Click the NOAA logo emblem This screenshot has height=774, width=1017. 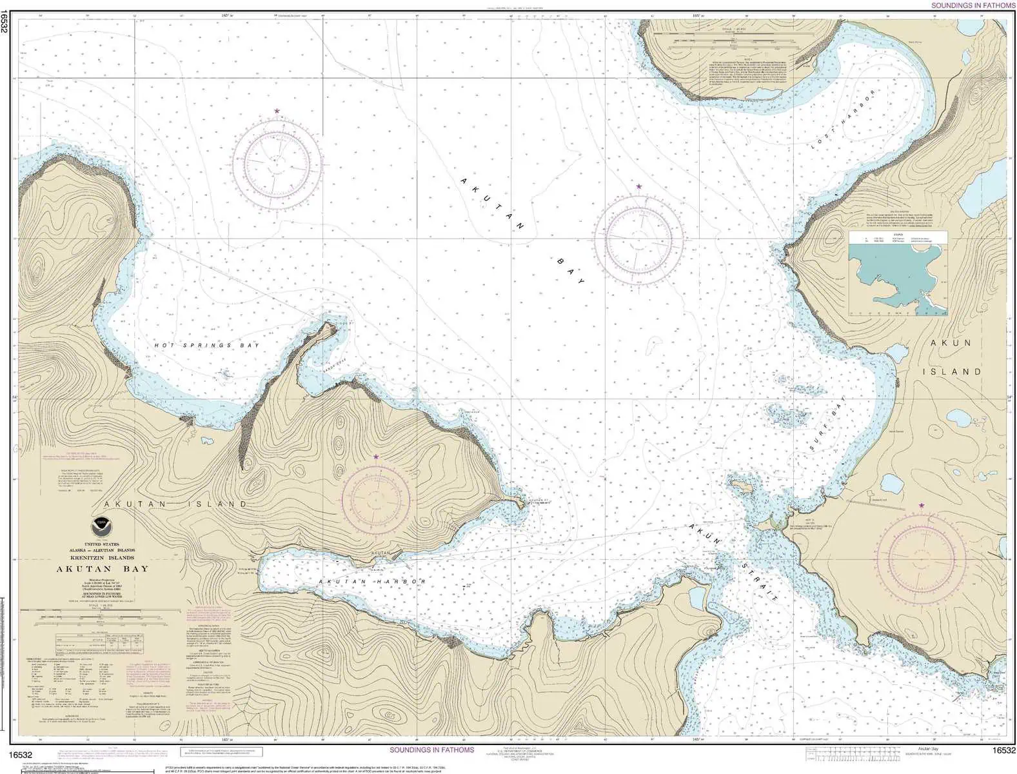(100, 525)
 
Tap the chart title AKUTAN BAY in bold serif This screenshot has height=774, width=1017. (103, 569)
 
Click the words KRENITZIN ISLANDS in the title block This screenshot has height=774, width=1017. (102, 557)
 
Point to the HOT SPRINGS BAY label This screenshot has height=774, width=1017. (206, 346)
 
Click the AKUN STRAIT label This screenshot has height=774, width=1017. (733, 562)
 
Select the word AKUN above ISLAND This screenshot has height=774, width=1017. (951, 343)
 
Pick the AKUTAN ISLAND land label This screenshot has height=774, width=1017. (175, 504)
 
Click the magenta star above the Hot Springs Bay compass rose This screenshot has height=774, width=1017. (277, 112)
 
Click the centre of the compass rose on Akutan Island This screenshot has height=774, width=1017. (376, 499)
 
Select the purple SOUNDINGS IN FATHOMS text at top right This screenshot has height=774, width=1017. (973, 5)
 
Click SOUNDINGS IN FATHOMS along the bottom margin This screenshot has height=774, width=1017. (432, 749)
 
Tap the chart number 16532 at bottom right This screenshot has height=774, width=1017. (1004, 750)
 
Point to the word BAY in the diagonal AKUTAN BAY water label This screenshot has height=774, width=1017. (571, 272)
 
